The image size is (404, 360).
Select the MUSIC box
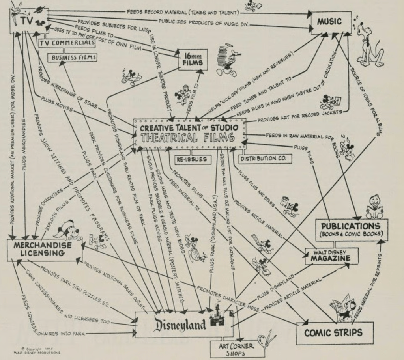[331, 22]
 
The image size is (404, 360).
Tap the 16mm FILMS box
[193, 60]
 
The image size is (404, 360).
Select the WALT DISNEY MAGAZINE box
[331, 256]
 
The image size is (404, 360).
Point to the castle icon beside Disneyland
[217, 319]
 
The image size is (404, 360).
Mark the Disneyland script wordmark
[180, 325]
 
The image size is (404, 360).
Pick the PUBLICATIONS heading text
[351, 226]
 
